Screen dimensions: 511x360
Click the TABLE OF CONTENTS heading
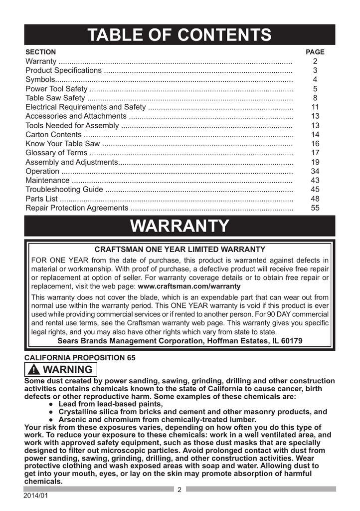click(180, 35)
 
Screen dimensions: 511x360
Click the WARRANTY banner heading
click(180, 226)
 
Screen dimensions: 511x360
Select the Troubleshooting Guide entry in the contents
click(64, 190)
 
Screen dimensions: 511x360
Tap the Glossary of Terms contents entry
click(56, 153)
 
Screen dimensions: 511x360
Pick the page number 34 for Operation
click(315, 171)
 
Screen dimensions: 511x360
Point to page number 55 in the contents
click(315, 208)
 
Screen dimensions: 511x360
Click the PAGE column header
click(315, 52)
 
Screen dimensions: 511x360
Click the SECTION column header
click(40, 52)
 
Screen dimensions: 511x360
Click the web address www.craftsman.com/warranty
click(189, 286)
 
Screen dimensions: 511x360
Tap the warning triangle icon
click(34, 370)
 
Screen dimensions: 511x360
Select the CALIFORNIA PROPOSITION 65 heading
click(79, 358)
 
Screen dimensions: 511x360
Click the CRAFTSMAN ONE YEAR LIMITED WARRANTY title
click(180, 249)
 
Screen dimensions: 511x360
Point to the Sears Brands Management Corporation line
click(180, 341)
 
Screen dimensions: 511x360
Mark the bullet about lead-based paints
click(110, 404)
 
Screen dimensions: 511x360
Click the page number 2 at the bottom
click(180, 490)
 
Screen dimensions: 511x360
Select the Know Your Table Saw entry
click(62, 144)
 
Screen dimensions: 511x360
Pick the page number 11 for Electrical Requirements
click(315, 107)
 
